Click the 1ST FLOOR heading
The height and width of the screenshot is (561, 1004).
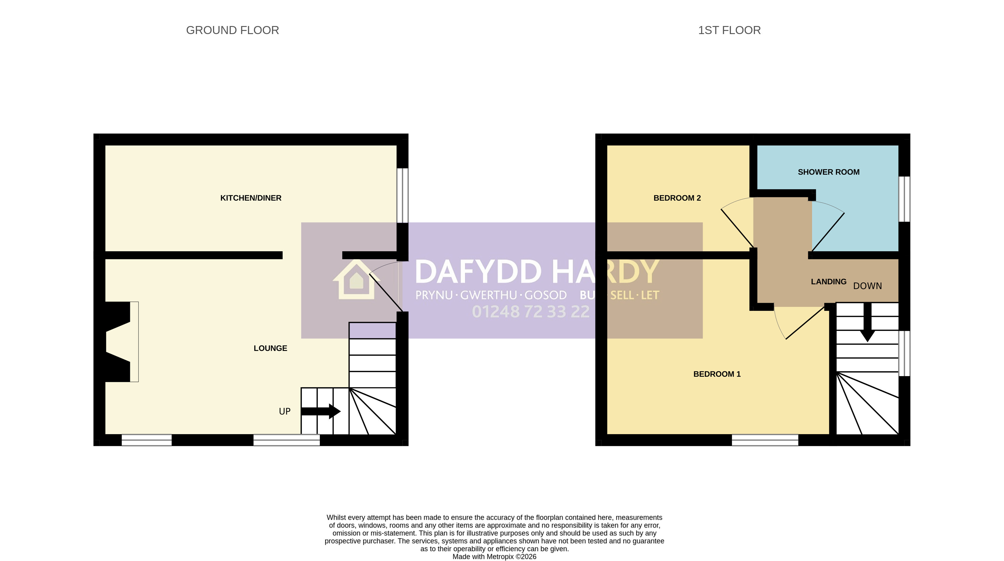click(729, 30)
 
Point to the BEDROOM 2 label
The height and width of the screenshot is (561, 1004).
click(677, 198)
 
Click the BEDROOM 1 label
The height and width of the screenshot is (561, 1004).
click(717, 374)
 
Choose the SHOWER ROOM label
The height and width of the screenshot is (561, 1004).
click(828, 172)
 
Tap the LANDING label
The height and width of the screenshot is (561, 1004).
click(829, 281)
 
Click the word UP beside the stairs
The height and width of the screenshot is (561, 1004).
click(285, 411)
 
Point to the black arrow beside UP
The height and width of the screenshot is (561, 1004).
click(321, 411)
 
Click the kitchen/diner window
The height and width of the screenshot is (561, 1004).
click(403, 195)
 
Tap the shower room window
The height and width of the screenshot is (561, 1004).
click(904, 199)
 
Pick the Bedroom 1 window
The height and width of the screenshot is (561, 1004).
click(765, 440)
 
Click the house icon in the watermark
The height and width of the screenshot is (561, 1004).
click(356, 279)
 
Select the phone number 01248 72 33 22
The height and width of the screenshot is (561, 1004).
click(530, 312)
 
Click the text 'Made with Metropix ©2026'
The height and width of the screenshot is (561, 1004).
click(494, 557)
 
